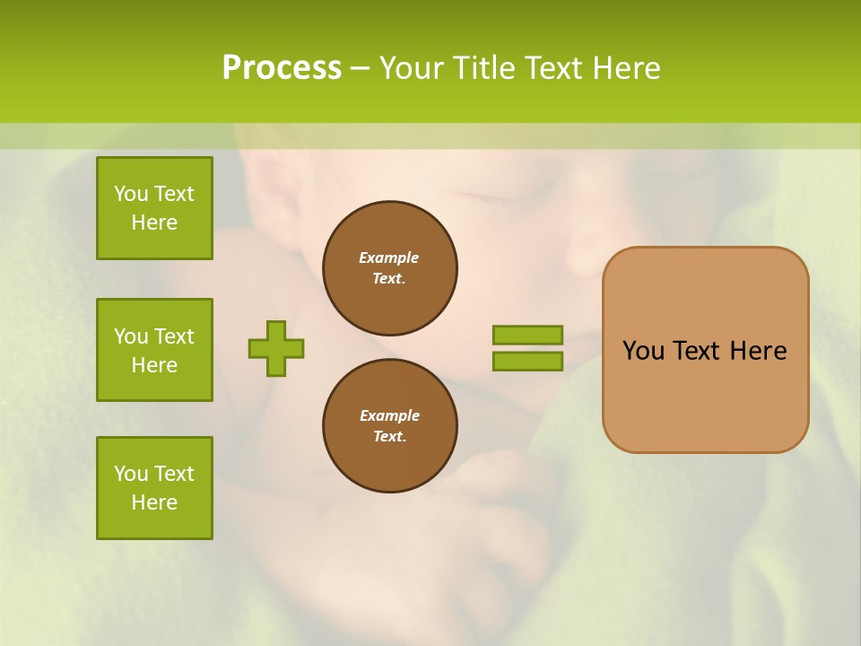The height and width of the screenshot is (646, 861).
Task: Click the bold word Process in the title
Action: click(x=282, y=68)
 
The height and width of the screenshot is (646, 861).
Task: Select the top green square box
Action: click(x=154, y=208)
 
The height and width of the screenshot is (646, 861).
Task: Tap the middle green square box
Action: click(x=154, y=350)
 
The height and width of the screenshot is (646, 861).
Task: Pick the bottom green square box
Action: click(x=154, y=488)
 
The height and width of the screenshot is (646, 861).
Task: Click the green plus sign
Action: click(x=276, y=348)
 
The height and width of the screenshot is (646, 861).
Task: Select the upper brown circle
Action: click(x=389, y=267)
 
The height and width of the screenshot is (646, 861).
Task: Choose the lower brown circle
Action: click(x=389, y=425)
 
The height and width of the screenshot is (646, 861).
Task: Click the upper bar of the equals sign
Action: click(x=527, y=335)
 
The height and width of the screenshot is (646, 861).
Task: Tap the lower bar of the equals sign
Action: click(x=527, y=362)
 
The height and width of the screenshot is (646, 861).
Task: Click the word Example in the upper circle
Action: click(x=388, y=258)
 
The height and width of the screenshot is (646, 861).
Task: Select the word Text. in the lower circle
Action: click(x=389, y=436)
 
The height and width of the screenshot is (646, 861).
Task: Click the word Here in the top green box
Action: click(x=154, y=223)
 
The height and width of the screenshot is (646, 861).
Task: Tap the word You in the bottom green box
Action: click(x=131, y=474)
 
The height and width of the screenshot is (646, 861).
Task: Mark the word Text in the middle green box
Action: click(x=174, y=336)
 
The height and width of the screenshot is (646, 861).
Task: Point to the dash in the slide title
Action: click(x=361, y=68)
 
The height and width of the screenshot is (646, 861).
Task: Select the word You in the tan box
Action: click(x=643, y=351)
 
